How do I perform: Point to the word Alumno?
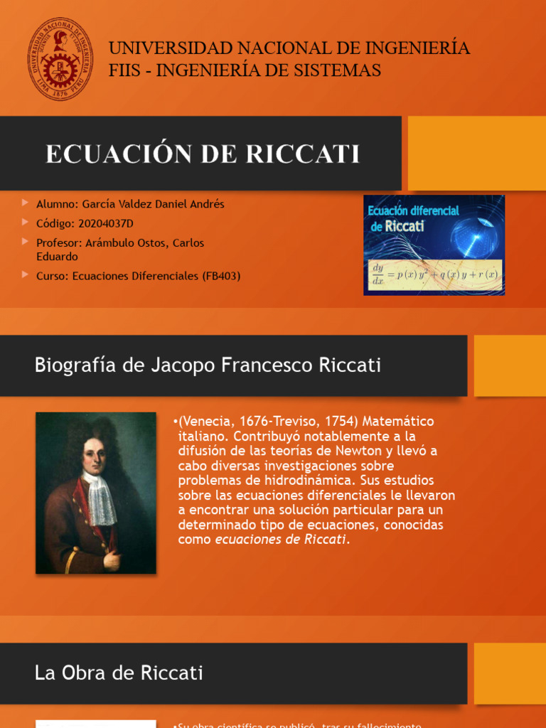tap(57, 204)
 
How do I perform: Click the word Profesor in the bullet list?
tap(59, 243)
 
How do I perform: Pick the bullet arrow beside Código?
tap(26, 223)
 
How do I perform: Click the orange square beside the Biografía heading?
tap(510, 365)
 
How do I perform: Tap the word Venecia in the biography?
tap(206, 422)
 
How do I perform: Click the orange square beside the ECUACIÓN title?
tap(476, 154)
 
